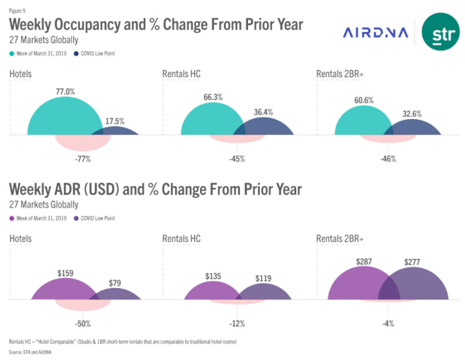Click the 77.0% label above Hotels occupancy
tap(66, 91)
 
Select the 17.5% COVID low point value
tap(115, 121)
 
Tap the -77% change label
tap(81, 158)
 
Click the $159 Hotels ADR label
tap(66, 273)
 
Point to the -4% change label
tap(388, 323)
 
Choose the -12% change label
tap(237, 323)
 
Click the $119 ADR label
tap(263, 279)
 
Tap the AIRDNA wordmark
tap(376, 33)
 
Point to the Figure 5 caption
tap(18, 10)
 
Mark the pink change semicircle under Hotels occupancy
tap(82, 142)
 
